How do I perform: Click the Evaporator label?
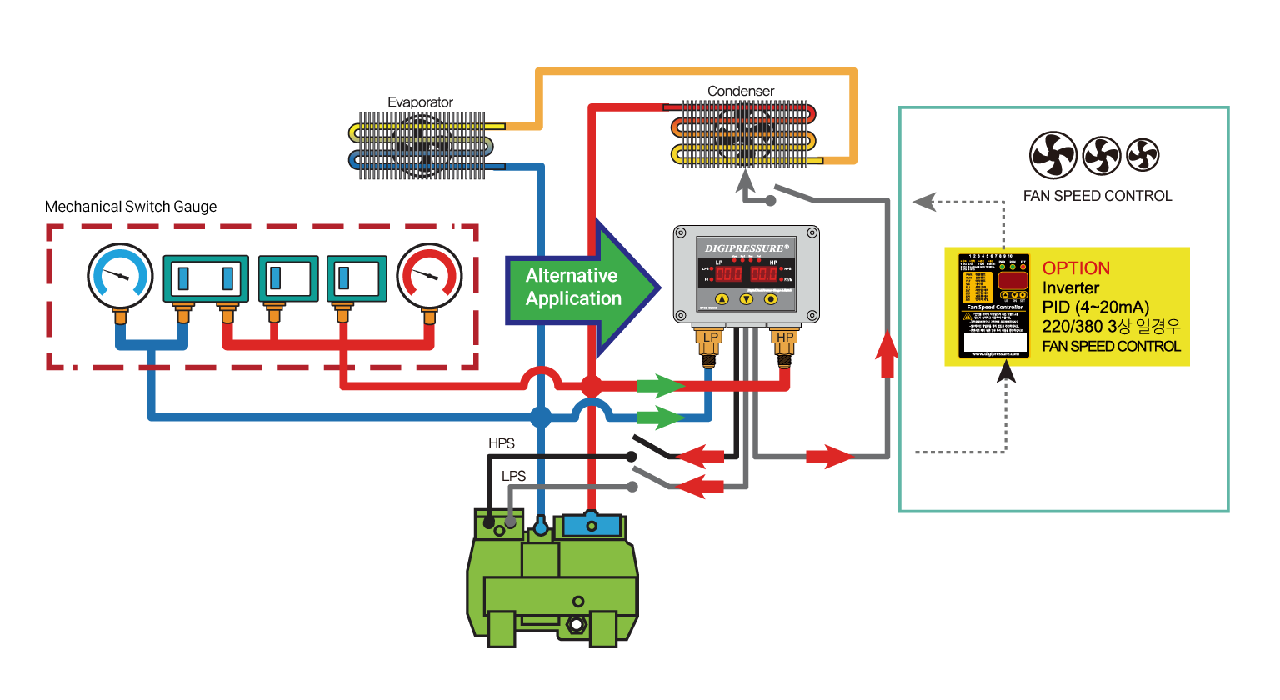pos(420,102)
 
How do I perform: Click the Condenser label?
pos(740,91)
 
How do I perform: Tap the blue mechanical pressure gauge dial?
pos(120,275)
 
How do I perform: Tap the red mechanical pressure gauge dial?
pos(429,275)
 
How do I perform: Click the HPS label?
pos(502,443)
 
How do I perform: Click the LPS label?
pos(513,476)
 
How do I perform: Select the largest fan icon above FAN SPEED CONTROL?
pos(1053,155)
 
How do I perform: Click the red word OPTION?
pos(1076,268)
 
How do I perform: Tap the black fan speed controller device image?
pos(994,305)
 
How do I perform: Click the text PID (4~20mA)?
pos(1095,307)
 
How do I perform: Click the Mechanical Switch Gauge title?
pos(131,207)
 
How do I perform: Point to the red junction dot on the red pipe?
pos(591,386)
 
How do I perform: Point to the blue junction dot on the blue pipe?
pos(541,416)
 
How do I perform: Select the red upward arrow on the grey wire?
pos(887,354)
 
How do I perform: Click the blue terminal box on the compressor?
pos(592,525)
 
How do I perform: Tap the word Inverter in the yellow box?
pos(1070,287)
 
